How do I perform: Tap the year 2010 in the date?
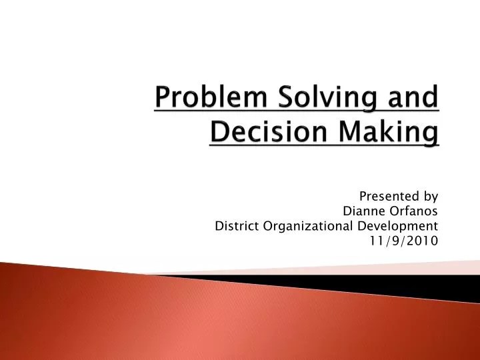(423, 241)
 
